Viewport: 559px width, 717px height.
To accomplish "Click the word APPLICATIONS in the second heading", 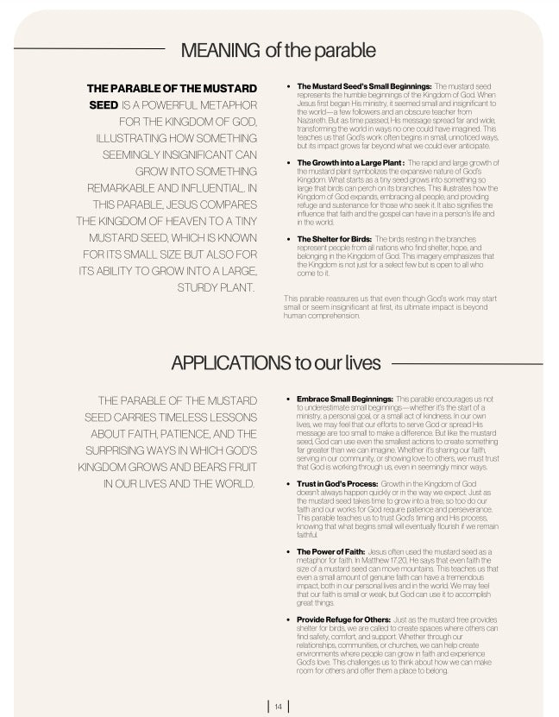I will tap(229, 363).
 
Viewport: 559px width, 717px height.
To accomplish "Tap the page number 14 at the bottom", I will tap(279, 707).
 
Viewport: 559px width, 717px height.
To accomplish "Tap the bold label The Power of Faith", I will tap(330, 550).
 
